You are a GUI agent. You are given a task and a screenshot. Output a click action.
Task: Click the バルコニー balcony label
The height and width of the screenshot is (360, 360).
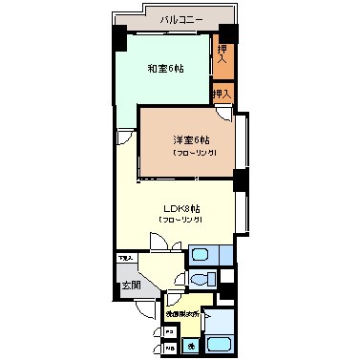pos(180,19)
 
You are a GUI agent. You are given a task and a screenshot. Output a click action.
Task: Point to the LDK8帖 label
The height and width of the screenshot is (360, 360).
pos(180,208)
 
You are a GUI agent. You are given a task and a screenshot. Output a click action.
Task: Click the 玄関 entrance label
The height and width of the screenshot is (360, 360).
pos(130,286)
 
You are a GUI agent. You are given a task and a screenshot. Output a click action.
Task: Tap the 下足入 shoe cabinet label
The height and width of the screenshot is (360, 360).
pos(125,258)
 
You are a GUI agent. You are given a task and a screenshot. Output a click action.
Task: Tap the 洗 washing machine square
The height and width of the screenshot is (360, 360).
pos(191,346)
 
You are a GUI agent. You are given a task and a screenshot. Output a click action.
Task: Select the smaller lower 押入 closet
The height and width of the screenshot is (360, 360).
pos(222,95)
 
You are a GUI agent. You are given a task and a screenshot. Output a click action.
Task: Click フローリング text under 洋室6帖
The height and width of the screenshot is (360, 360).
pos(194,153)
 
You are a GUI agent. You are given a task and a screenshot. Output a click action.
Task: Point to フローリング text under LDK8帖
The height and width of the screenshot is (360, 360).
pos(180,221)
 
